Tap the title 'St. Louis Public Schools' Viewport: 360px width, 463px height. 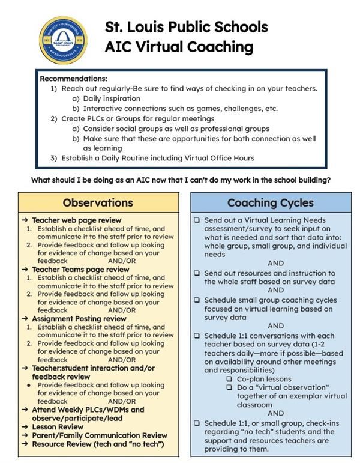pos(186,27)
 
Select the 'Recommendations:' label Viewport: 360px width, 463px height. pos(73,79)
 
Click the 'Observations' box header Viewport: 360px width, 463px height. pos(98,202)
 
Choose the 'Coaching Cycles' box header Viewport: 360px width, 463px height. pos(270,202)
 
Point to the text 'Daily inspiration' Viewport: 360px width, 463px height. pos(112,98)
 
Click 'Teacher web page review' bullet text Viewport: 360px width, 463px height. pos(76,220)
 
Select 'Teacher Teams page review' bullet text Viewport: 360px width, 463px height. pos(80,270)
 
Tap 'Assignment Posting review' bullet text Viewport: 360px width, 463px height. pos(79,319)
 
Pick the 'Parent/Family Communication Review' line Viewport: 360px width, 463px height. pos(100,435)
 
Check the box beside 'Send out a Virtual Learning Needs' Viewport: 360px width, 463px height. pos(197,220)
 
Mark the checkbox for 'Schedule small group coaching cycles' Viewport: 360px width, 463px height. pos(197,300)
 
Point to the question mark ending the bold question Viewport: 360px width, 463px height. pos(329,180)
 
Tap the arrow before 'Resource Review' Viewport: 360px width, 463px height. pos(25,444)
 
